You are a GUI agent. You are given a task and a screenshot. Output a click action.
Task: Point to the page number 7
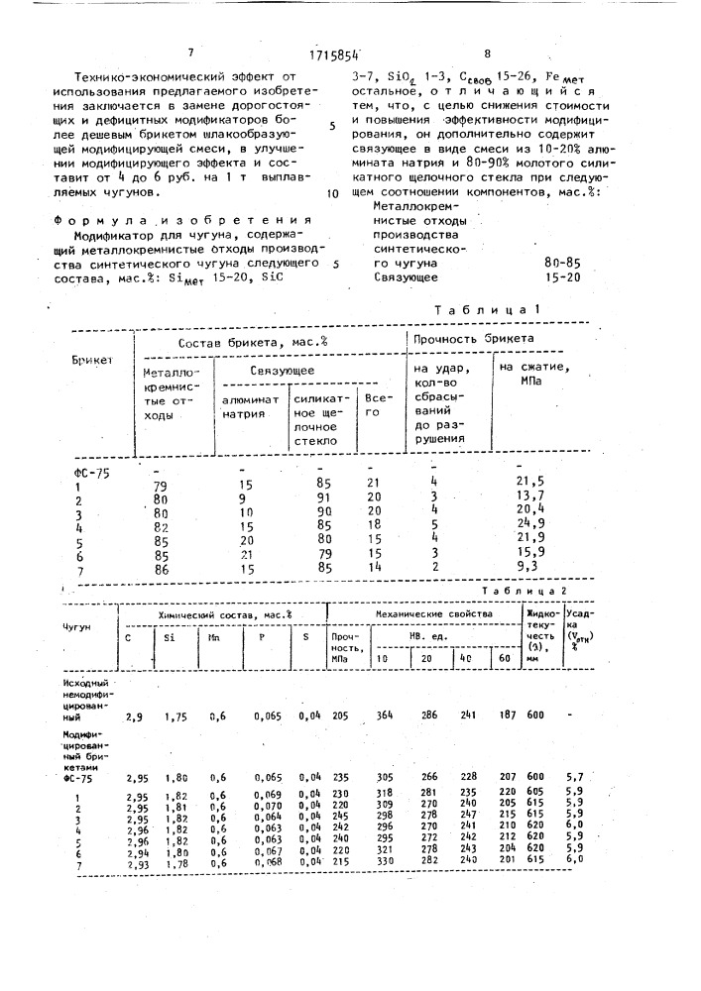[189, 54]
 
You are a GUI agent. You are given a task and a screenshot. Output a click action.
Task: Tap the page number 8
[487, 54]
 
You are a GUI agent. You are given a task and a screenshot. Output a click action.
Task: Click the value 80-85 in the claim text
[562, 264]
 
